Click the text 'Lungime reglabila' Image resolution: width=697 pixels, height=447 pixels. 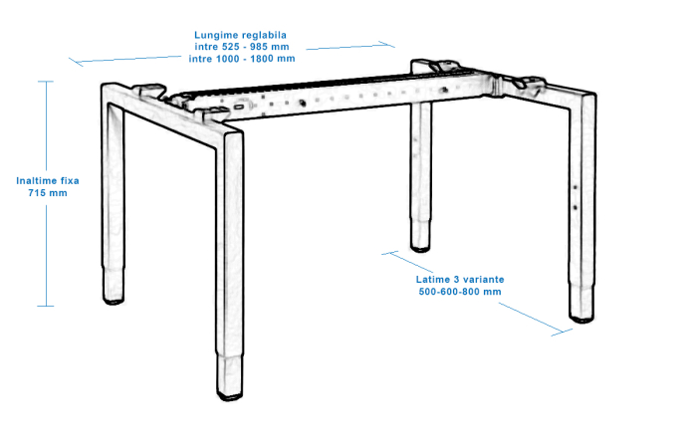click(x=241, y=35)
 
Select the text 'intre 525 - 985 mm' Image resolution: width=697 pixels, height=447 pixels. click(x=241, y=47)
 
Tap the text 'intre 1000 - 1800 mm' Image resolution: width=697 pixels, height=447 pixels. click(x=241, y=58)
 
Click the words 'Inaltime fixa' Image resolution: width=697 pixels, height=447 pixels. click(x=48, y=181)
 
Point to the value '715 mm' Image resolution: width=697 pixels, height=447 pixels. click(x=48, y=193)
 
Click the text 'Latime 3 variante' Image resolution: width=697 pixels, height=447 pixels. click(x=460, y=280)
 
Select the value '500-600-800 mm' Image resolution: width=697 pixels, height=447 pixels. click(x=460, y=292)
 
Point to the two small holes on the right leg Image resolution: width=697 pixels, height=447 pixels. click(x=575, y=197)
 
